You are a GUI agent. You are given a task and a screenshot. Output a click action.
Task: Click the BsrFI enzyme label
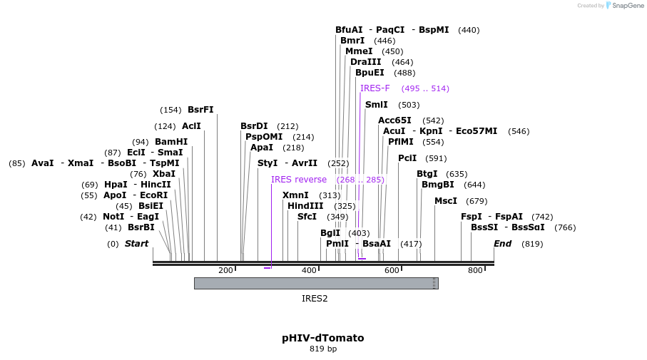200,110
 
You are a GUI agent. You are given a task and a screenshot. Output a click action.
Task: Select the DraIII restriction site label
365,62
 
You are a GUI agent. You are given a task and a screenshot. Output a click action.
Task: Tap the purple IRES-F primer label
375,88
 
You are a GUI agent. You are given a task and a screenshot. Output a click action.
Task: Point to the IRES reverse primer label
299,180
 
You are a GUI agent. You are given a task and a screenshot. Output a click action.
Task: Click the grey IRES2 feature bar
316,283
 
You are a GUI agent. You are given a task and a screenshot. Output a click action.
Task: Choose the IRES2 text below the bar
315,299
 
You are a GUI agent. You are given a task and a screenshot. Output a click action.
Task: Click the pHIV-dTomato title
323,338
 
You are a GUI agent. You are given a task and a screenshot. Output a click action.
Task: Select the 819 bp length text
323,349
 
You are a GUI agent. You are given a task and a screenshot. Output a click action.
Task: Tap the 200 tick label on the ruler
225,271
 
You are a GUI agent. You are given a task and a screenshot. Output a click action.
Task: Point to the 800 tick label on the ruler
475,271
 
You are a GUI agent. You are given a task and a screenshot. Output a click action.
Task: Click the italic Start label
136,244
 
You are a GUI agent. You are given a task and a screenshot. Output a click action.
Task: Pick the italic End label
503,244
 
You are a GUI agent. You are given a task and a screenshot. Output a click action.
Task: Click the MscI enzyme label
446,201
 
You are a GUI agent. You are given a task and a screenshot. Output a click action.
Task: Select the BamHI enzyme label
171,142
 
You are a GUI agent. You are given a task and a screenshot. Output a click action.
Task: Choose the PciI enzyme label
407,158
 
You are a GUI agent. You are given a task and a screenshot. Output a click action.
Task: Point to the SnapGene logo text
626,6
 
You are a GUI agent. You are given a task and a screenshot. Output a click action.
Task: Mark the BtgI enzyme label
427,174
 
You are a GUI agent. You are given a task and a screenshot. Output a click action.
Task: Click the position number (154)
170,110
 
